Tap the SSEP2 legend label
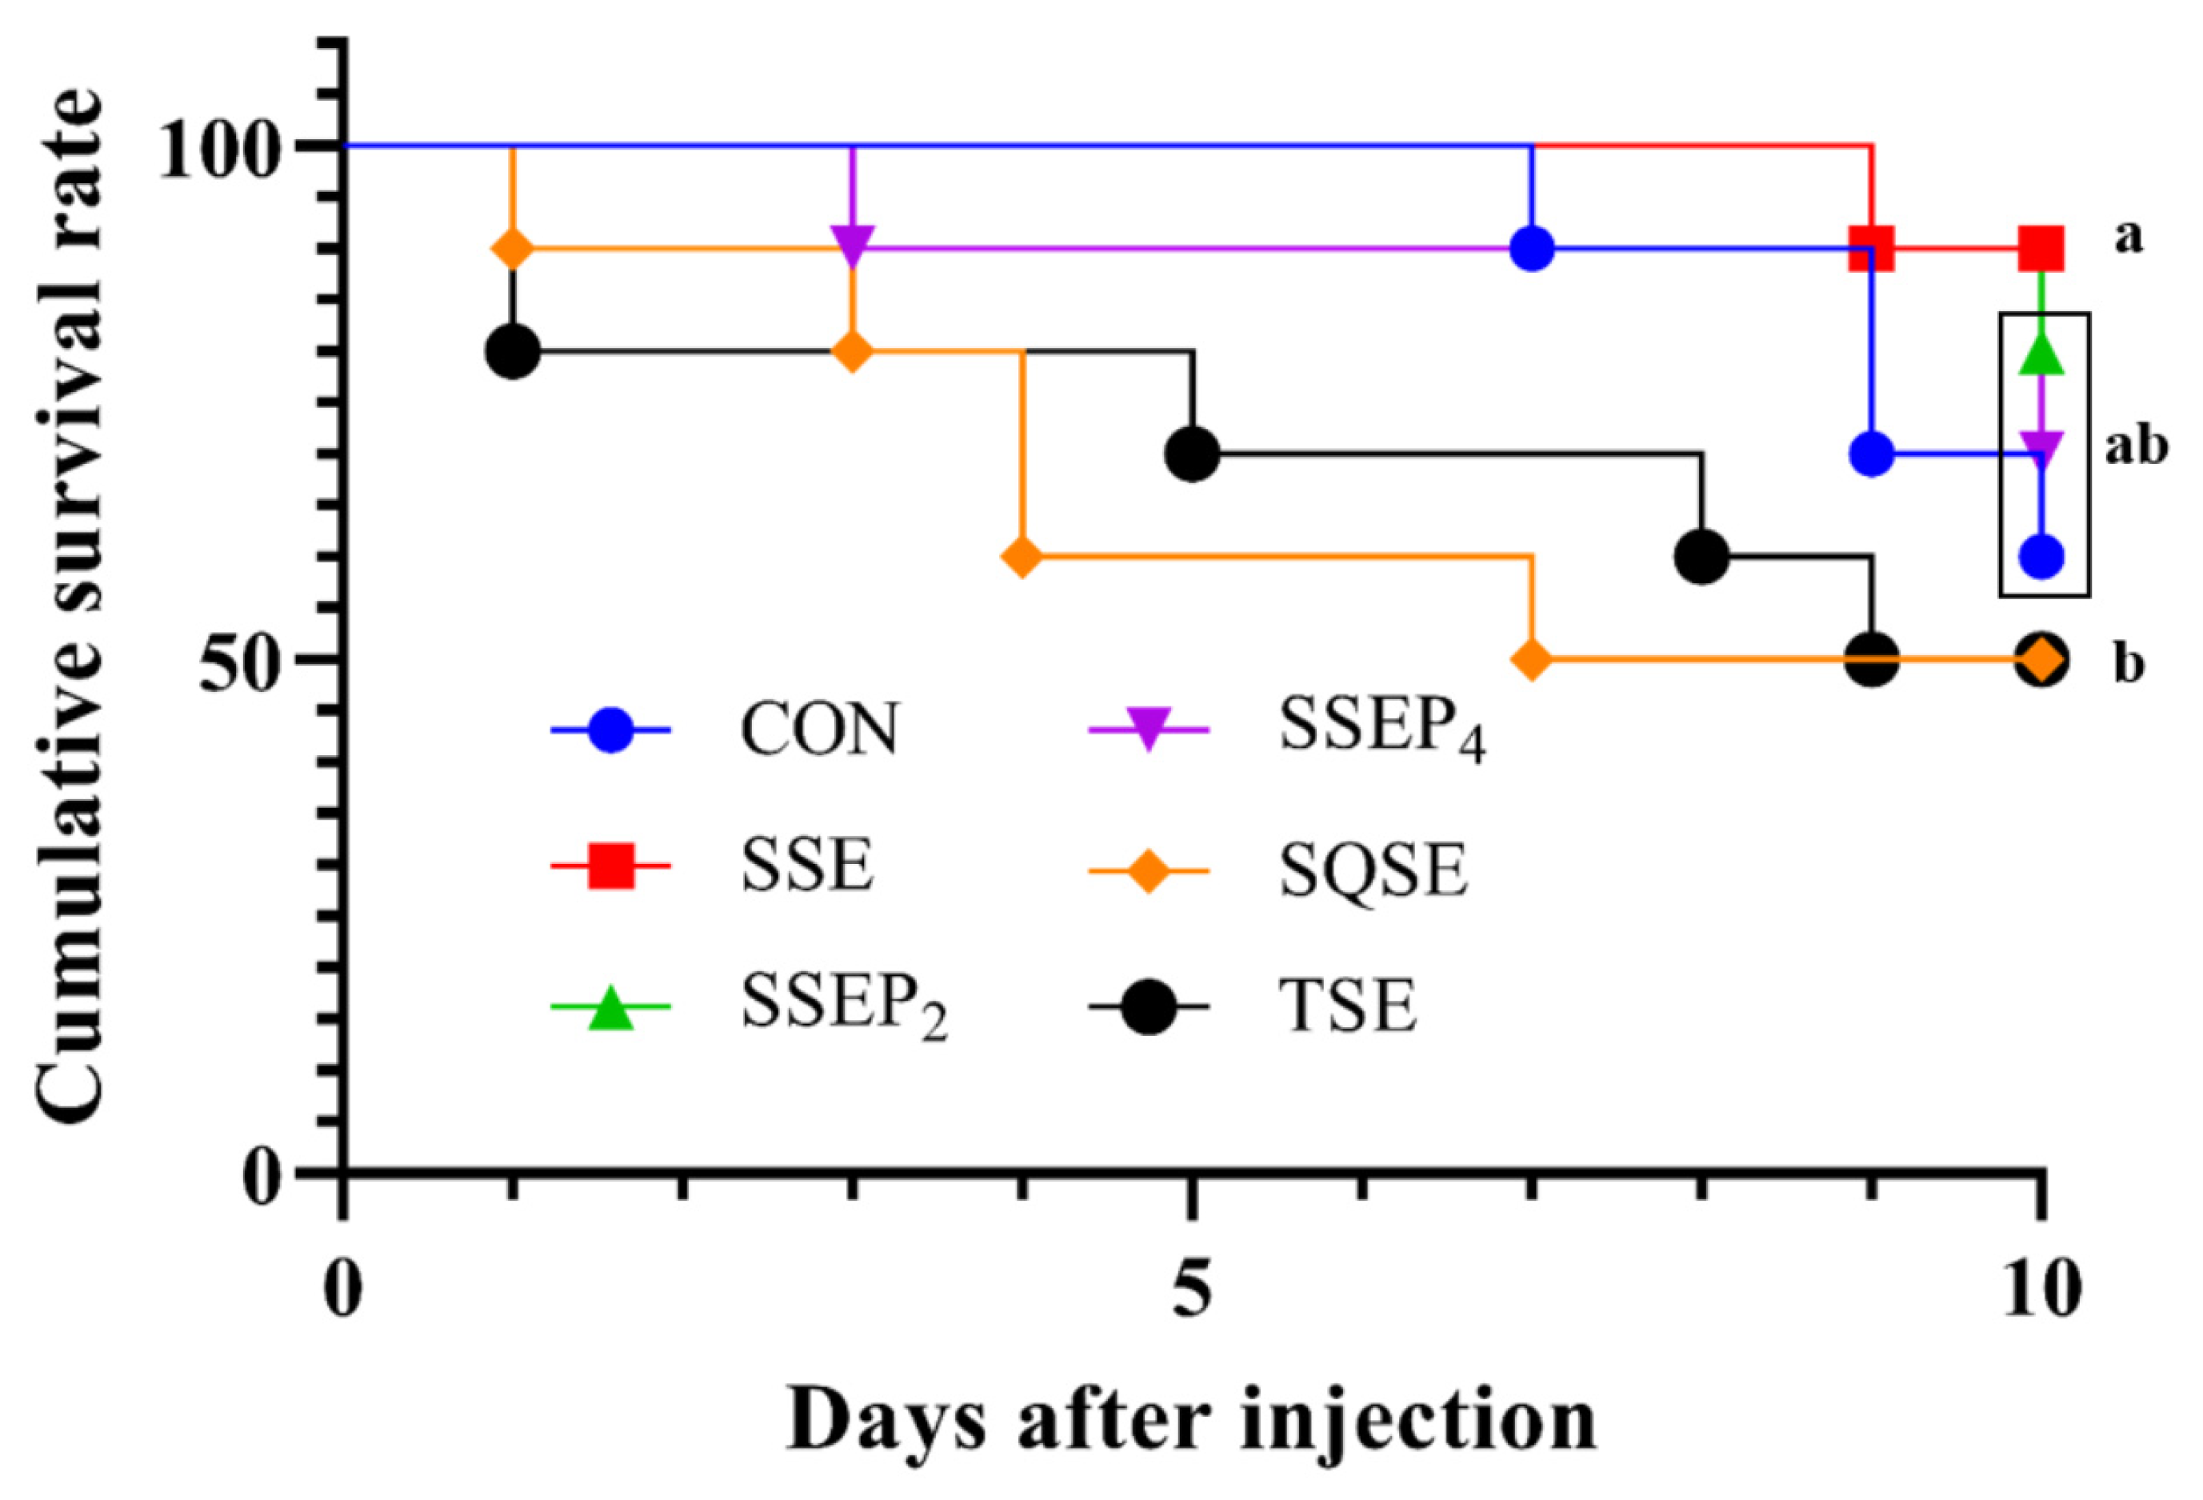(844, 1007)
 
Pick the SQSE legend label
(1373, 870)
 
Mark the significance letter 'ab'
(2136, 446)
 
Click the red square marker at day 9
(1872, 249)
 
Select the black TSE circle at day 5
(1193, 454)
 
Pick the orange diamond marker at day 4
(1022, 557)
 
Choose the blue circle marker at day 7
(1532, 249)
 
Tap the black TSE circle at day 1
(513, 351)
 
